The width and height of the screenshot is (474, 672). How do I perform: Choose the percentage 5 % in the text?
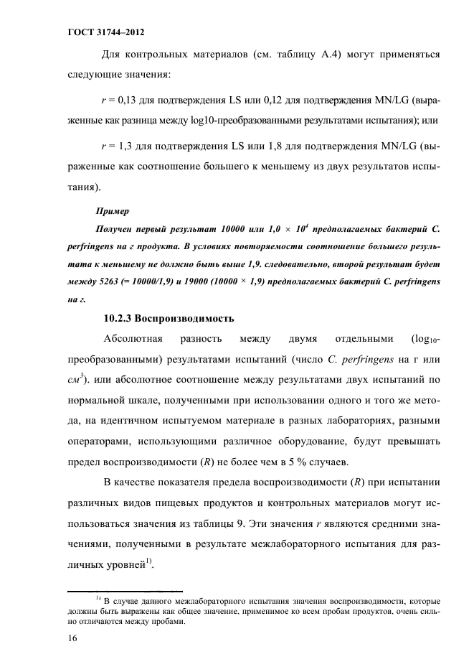tap(299, 459)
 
